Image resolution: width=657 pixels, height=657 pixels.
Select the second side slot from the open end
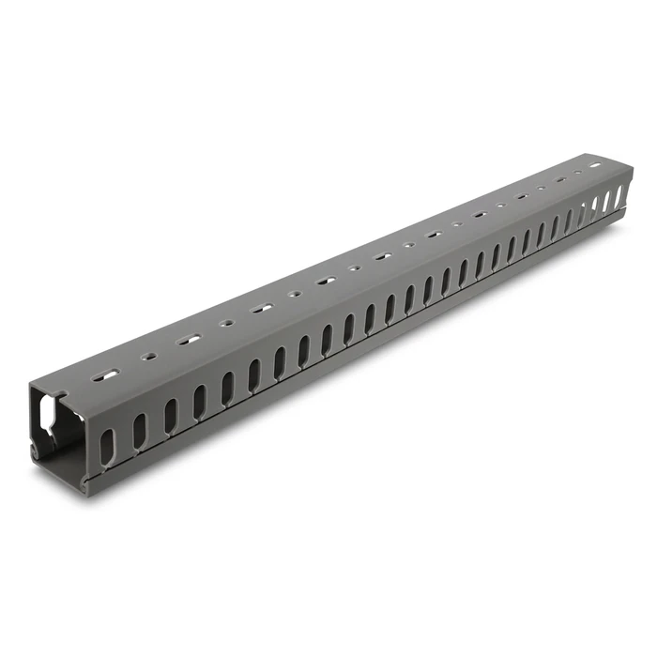tap(139, 430)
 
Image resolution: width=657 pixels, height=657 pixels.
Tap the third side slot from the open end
tap(170, 416)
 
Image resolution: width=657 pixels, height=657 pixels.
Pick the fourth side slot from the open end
tap(199, 402)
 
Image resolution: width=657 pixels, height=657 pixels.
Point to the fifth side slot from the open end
tap(227, 389)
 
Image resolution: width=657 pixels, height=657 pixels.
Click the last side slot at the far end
tap(619, 198)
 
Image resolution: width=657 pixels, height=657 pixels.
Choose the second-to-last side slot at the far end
tap(607, 203)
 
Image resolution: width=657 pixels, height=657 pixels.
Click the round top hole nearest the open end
tap(148, 357)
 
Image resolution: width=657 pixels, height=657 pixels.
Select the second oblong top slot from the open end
tap(189, 339)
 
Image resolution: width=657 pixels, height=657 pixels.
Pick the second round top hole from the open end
tap(225, 323)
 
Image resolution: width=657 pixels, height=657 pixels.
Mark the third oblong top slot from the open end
tap(262, 307)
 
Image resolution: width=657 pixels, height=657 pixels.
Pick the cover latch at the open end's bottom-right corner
tap(90, 482)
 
